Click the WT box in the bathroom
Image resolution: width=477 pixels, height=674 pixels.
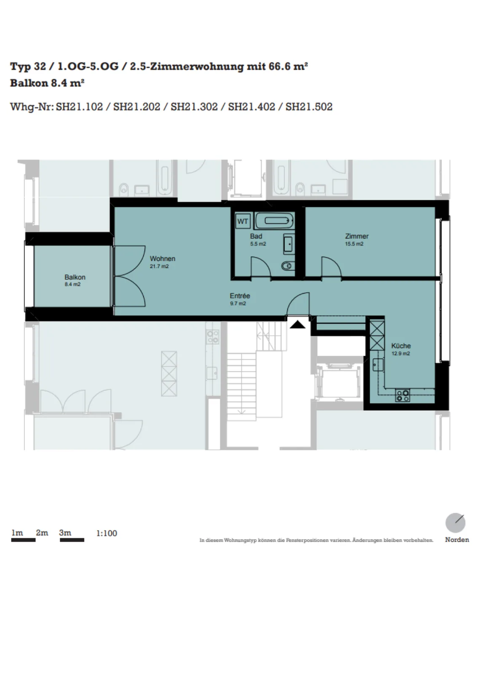click(x=243, y=222)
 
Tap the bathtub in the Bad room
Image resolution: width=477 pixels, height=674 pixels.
click(x=274, y=221)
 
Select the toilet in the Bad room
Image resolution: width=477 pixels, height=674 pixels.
click(x=288, y=266)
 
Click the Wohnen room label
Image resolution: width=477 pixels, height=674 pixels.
click(x=163, y=259)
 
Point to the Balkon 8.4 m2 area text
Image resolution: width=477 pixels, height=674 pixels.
click(x=72, y=284)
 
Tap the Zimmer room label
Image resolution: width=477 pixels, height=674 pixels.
click(x=356, y=236)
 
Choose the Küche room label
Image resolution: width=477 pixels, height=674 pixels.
click(x=401, y=346)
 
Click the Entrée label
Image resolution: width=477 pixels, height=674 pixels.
click(x=240, y=296)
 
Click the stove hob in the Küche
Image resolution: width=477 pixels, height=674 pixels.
click(x=402, y=396)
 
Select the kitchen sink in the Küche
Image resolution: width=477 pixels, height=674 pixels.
click(x=378, y=365)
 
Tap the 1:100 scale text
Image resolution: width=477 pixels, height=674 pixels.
click(x=107, y=533)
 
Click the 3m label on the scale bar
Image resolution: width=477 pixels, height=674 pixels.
click(x=65, y=532)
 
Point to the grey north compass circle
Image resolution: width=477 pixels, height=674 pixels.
click(x=456, y=523)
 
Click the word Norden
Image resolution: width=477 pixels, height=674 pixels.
click(x=457, y=540)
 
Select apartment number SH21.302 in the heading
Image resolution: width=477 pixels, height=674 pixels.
click(x=194, y=107)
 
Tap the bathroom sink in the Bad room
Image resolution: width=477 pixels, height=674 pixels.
click(x=289, y=243)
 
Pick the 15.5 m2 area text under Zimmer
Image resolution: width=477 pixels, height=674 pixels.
click(x=354, y=244)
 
